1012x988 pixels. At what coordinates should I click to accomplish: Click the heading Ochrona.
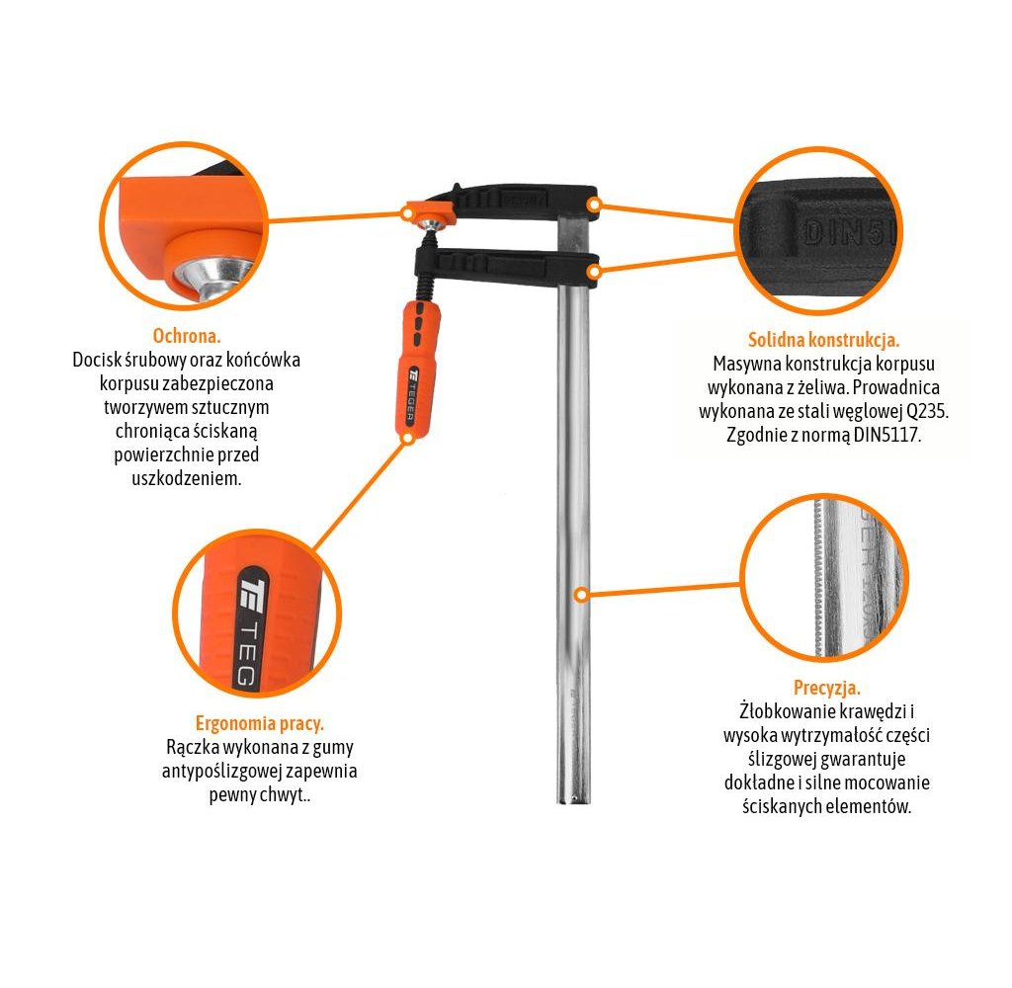point(187,336)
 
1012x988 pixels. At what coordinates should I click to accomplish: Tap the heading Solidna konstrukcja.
point(823,340)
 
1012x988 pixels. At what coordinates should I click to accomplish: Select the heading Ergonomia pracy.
point(260,724)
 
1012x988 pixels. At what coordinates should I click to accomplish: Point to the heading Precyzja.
point(827,688)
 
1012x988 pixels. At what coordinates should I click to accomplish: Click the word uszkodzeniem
point(187,479)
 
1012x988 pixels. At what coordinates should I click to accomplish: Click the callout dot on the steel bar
point(581,595)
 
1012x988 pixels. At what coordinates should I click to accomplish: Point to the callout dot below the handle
point(407,438)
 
